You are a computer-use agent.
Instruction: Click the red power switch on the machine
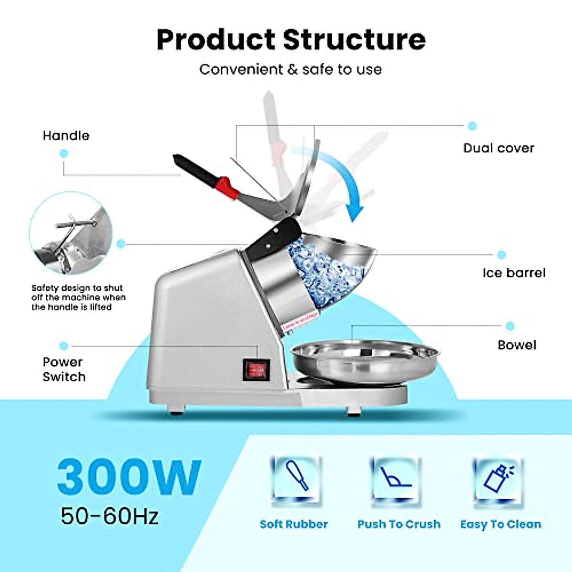pos(256,370)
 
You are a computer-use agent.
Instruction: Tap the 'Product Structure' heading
pos(291,40)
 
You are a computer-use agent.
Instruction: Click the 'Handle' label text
pos(66,136)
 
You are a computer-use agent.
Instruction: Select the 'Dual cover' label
pos(499,148)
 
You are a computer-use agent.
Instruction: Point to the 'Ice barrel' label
pos(514,273)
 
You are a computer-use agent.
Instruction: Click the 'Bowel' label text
pos(517,345)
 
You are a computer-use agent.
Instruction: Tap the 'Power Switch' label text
pos(64,369)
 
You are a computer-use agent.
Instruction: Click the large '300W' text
pos(129,477)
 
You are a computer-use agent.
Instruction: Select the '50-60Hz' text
pos(110,516)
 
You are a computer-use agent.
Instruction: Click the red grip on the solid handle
pos(228,188)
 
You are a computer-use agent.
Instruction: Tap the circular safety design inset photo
pos(71,234)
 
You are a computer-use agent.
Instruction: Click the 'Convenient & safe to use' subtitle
pos(291,70)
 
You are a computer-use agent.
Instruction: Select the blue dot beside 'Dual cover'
pos(472,126)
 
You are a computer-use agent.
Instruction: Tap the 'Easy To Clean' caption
pos(500,524)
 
